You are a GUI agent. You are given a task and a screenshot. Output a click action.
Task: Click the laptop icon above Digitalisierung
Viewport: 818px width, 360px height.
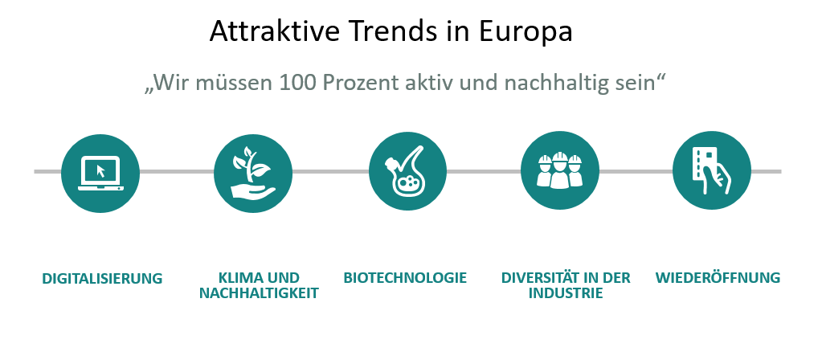click(100, 174)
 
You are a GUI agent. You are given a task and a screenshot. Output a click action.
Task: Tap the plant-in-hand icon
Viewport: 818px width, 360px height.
click(253, 174)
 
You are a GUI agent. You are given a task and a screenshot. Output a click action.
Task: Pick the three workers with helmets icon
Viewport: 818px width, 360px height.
click(560, 170)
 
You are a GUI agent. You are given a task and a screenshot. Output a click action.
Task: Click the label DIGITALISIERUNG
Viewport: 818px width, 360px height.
click(102, 279)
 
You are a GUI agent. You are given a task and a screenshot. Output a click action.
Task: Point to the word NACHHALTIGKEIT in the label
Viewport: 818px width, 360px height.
click(259, 293)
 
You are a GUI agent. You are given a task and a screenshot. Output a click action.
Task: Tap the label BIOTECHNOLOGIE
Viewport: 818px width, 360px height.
click(405, 277)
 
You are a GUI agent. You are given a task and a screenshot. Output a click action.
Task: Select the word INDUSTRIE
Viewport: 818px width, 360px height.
click(566, 293)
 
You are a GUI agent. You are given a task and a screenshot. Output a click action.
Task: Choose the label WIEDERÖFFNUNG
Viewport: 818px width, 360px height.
click(718, 277)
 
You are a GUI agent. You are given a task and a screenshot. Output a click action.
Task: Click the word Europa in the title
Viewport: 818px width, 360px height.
click(526, 32)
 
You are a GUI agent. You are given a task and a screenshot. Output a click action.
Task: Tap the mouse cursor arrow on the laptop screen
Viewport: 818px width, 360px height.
click(100, 171)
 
